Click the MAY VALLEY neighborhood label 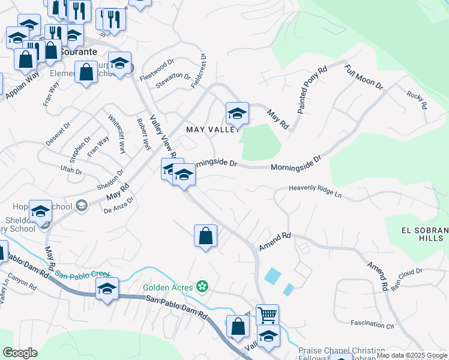coord(212,130)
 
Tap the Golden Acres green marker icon coord(203,287)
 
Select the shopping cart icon coord(267,314)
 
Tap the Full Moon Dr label coord(364,77)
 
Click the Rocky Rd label coord(416,99)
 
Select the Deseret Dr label coord(58,134)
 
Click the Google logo coord(20,353)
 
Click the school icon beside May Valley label coord(237,113)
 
